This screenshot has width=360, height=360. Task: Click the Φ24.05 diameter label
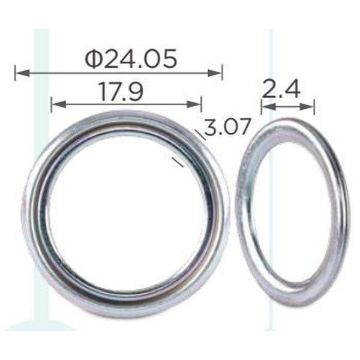pos(131,59)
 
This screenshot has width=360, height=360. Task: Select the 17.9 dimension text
pos(121,92)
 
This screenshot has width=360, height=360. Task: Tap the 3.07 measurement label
pos(227,127)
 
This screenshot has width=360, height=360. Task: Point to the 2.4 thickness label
pos(281,89)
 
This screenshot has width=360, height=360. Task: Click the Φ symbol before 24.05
pos(93,59)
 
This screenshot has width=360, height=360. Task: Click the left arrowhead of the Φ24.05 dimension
pos(23,73)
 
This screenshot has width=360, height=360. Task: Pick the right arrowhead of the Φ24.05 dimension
pos(215,73)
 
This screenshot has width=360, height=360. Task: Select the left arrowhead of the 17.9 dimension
pos(59,104)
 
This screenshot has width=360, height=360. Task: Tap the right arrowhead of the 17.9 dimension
pos(194,104)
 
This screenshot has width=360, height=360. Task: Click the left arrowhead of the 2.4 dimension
pos(269,106)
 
